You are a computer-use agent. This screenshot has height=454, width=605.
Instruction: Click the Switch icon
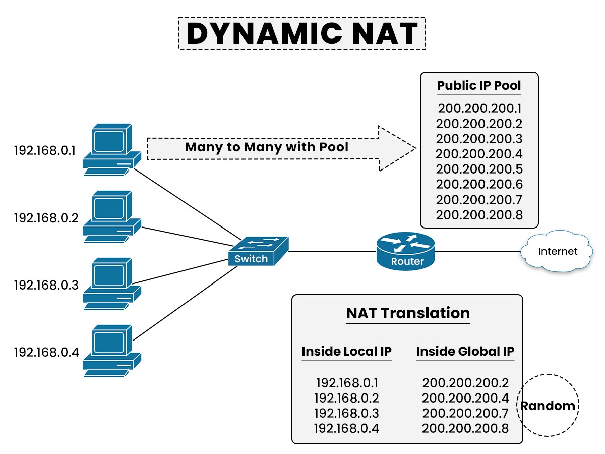coord(259,251)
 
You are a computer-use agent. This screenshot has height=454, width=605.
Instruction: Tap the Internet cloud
coord(557,251)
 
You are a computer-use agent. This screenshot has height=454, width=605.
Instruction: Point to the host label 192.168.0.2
coord(46,218)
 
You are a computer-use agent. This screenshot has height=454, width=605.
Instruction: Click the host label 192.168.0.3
coord(46,285)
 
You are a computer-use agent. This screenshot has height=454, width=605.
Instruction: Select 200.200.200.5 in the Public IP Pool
coord(479,169)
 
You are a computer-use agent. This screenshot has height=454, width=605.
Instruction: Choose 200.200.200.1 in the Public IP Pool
coord(479,108)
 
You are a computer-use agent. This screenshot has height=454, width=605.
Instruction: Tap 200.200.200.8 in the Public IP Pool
coord(479,215)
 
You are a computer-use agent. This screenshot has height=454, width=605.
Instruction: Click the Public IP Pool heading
coord(478,85)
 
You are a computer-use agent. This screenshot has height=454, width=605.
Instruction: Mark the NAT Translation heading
coord(407,313)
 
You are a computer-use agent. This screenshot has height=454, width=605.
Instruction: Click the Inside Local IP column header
coord(346,351)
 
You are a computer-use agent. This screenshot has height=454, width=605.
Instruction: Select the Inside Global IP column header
coord(465,351)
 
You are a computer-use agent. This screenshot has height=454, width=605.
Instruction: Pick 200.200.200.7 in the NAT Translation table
coord(465,413)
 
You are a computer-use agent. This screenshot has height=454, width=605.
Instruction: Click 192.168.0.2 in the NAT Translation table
coord(346,398)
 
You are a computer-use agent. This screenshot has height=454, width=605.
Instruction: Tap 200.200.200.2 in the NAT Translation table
coord(465,383)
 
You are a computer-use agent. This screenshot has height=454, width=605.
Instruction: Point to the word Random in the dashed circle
coord(548,406)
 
